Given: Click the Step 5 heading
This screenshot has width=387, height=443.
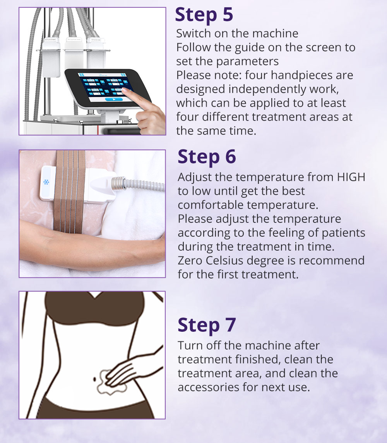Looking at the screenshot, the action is click(204, 15).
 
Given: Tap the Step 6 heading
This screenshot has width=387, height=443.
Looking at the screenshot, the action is click(207, 157).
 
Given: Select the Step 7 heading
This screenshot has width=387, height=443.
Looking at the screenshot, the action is click(207, 325).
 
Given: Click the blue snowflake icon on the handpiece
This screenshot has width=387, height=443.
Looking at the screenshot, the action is click(46, 182).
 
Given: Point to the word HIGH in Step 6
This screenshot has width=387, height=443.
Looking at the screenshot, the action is click(351, 177).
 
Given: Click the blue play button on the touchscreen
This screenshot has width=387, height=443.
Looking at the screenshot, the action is click(114, 99).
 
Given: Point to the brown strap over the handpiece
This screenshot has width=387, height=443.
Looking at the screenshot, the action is click(69, 191).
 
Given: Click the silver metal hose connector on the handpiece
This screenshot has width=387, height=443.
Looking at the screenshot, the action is click(118, 183).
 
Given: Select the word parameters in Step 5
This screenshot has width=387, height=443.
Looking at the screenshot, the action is click(247, 61).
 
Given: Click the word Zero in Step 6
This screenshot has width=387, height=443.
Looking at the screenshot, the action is click(190, 260).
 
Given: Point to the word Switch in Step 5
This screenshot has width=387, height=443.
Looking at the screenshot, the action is click(193, 33).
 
